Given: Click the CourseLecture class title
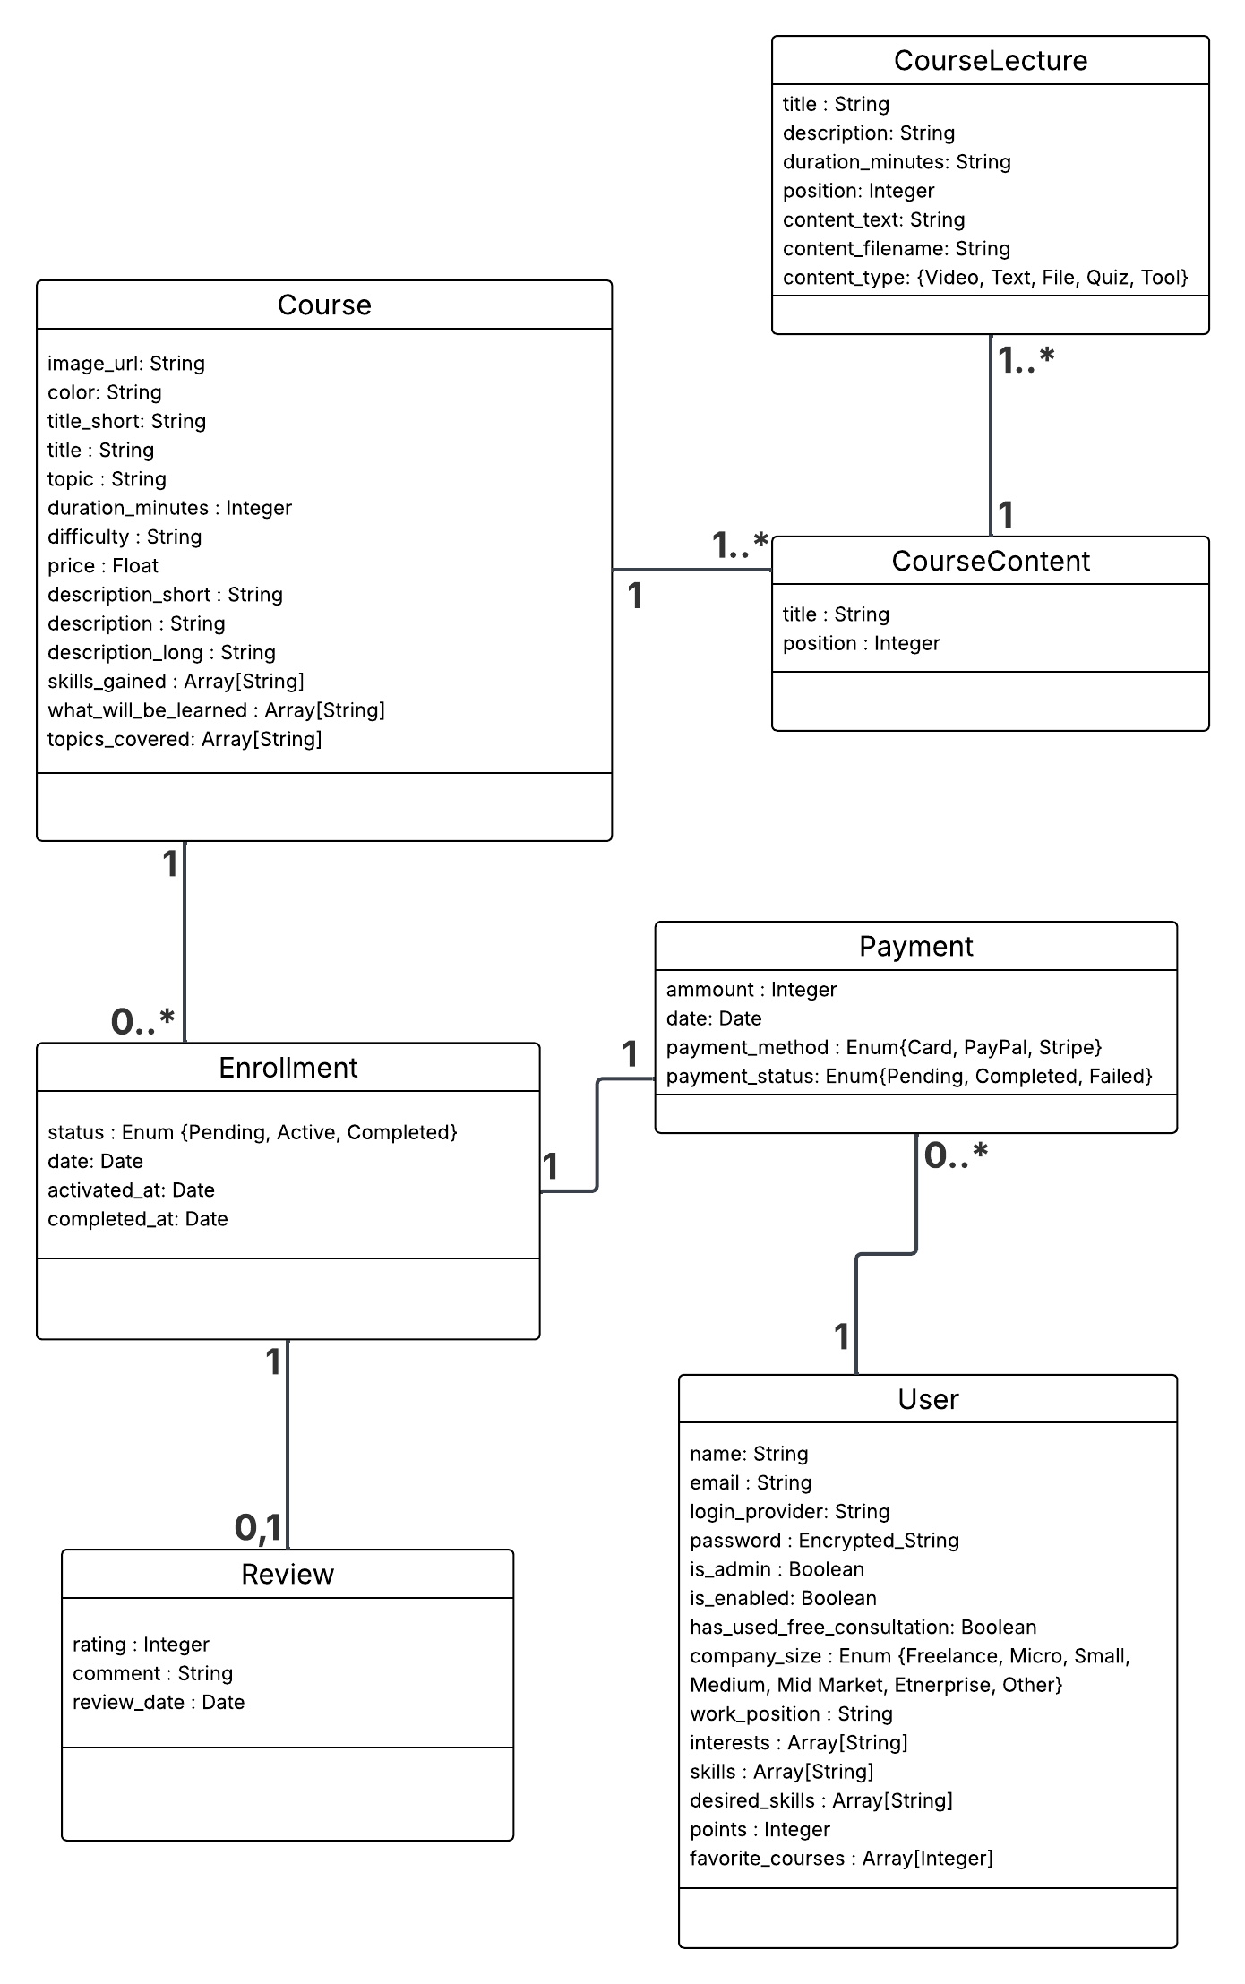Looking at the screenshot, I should coord(990,61).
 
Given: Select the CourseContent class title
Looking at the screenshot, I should coord(990,562).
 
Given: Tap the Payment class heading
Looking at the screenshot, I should coord(915,947).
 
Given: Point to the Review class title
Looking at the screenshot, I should coord(288,1575).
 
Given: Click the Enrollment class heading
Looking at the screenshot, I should coord(288,1068).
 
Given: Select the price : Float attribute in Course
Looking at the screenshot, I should coord(103,566).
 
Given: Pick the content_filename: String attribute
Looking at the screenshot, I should coord(896,249).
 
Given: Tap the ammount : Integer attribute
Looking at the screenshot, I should coord(751,990).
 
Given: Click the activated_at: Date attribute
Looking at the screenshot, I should coord(131,1190).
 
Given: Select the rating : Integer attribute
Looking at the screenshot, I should coord(141,1645).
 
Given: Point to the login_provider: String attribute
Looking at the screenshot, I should coord(789,1512).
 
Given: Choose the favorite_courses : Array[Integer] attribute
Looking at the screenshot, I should coord(840,1859).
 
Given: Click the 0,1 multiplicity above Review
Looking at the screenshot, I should coord(257,1528).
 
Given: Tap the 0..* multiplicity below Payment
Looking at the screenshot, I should coord(955,1156).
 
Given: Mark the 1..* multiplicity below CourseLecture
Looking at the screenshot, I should coord(1026,360).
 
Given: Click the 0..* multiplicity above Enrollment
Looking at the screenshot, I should coord(142,1021).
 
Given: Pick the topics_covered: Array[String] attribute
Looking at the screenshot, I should coord(185,740).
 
